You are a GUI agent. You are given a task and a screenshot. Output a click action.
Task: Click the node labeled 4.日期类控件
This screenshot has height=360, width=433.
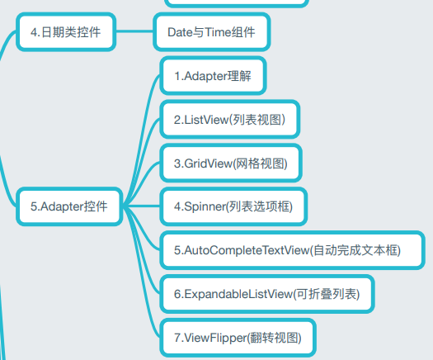(x=66, y=32)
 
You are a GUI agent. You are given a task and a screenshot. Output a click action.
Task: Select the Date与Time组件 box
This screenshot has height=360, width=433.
(x=211, y=32)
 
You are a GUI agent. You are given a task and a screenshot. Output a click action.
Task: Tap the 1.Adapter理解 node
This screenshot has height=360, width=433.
(x=213, y=76)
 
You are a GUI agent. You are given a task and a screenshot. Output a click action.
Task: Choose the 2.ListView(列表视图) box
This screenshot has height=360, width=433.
(x=230, y=120)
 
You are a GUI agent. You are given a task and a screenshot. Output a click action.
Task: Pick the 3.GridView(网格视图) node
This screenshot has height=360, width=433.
(x=231, y=163)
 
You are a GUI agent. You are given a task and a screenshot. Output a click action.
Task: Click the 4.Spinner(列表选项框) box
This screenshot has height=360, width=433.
(x=233, y=206)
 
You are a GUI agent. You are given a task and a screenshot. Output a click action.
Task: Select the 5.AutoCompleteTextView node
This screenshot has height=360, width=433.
(x=292, y=250)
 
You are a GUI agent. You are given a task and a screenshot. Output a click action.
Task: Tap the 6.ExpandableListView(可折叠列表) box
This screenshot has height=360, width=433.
(x=267, y=294)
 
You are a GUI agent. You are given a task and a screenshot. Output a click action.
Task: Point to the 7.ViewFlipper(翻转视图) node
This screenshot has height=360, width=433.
(x=238, y=338)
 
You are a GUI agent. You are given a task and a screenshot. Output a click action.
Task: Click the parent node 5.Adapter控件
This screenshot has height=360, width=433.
(x=69, y=206)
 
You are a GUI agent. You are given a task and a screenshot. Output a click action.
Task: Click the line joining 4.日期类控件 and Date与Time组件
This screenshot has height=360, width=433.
(x=134, y=31)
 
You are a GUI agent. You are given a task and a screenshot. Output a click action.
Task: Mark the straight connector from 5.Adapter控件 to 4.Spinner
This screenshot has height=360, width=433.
(x=141, y=206)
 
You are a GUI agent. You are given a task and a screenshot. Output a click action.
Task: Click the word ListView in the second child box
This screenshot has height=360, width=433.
(x=206, y=120)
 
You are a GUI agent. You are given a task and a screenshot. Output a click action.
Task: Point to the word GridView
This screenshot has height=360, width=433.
(x=208, y=163)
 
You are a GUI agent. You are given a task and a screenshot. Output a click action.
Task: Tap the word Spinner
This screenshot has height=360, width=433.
(x=205, y=207)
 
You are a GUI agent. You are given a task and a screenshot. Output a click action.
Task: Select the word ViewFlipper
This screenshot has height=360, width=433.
(x=214, y=338)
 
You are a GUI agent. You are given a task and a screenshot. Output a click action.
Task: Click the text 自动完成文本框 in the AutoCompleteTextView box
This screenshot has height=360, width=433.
(x=355, y=250)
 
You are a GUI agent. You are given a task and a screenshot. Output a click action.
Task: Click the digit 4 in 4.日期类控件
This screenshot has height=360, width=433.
(x=34, y=32)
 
